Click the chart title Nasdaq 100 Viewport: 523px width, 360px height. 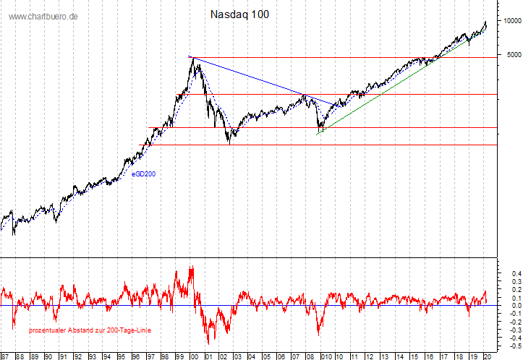[x=239, y=14]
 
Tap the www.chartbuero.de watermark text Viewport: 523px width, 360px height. [x=43, y=16]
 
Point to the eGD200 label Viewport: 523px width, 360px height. [x=143, y=173]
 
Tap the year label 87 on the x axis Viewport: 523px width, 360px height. [x=5, y=356]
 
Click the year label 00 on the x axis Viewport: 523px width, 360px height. [x=194, y=356]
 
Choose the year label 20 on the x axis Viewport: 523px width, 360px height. [x=487, y=356]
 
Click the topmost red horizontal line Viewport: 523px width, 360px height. [x=326, y=57]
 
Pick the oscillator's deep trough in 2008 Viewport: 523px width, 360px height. [x=319, y=334]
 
